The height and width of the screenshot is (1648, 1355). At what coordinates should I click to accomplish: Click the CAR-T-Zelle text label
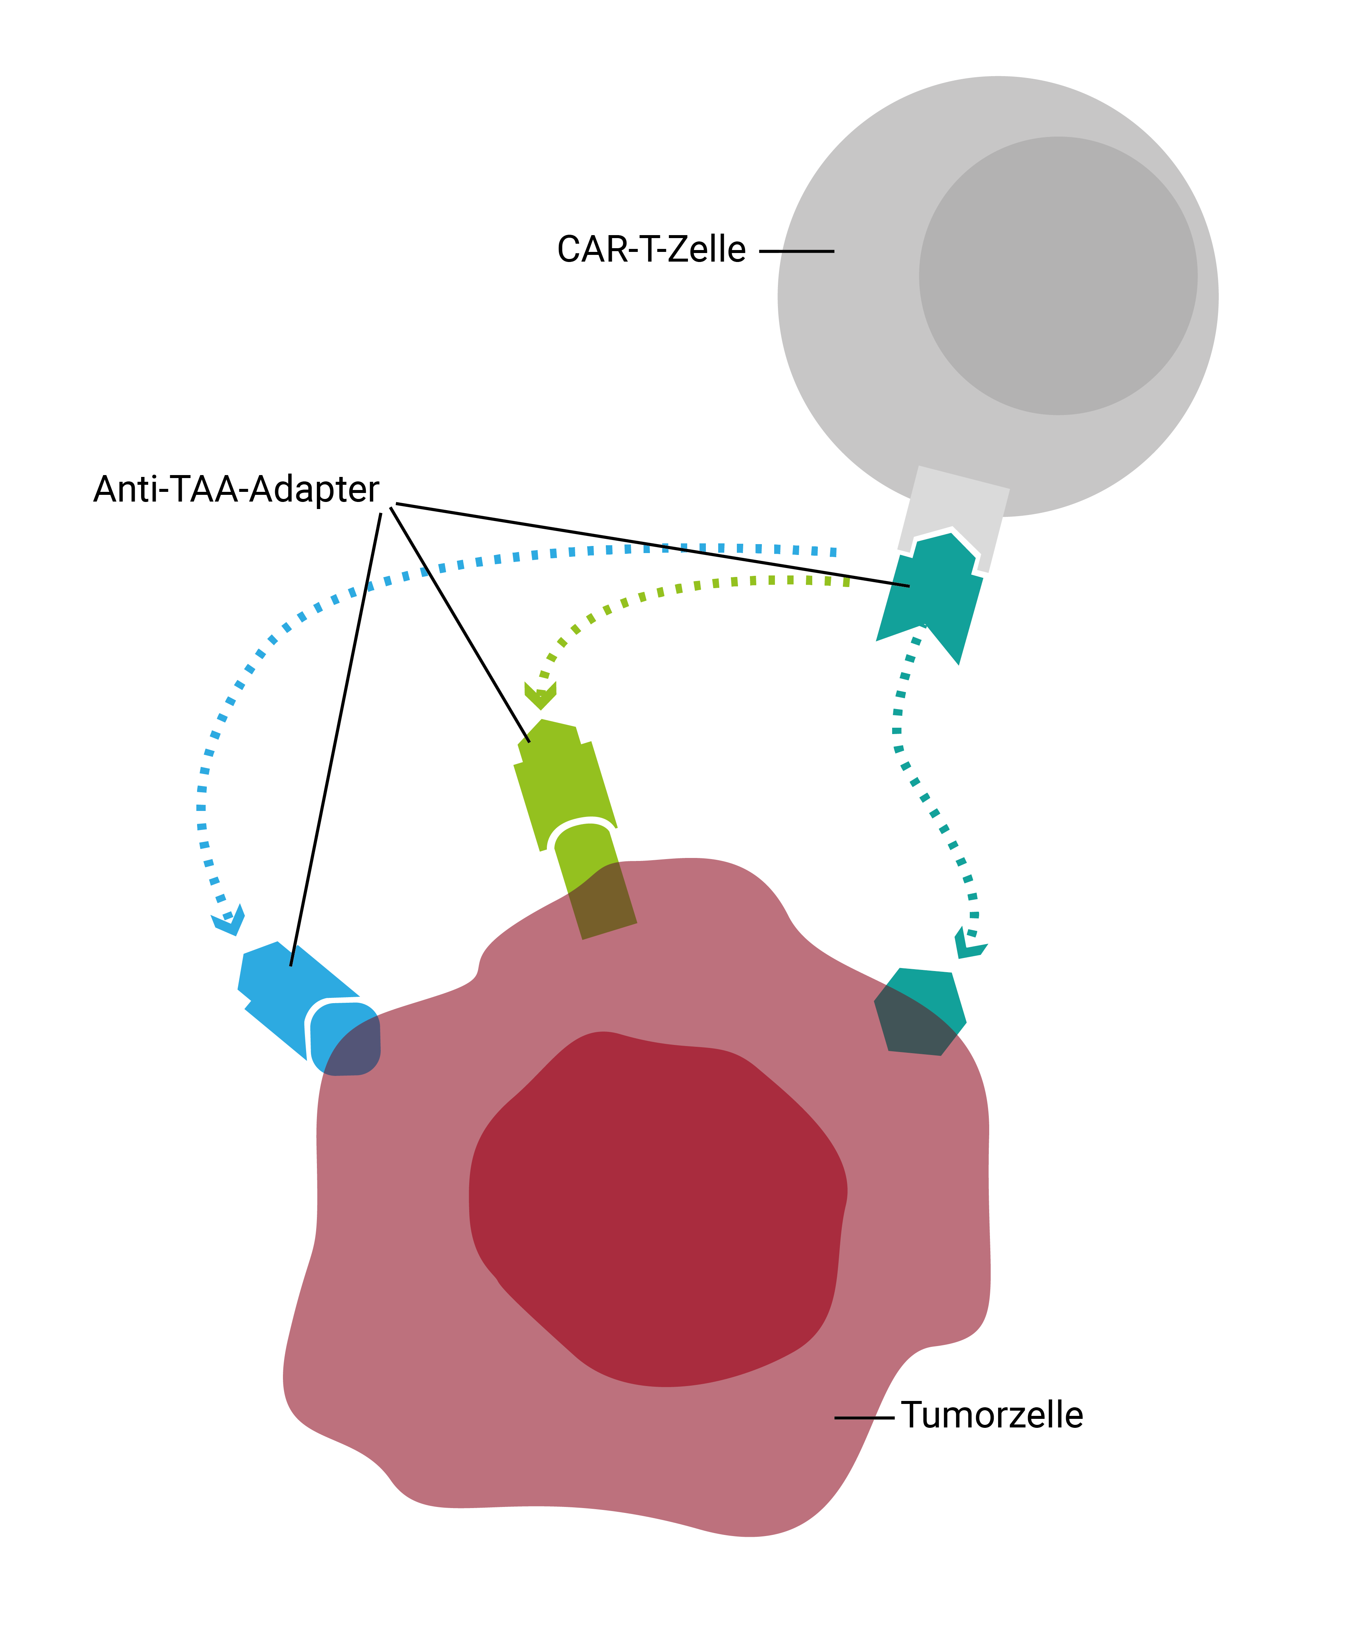[651, 250]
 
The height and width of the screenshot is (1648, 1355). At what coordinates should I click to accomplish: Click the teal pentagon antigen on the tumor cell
[920, 1011]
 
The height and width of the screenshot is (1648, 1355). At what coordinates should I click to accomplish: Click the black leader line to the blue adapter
[336, 739]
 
